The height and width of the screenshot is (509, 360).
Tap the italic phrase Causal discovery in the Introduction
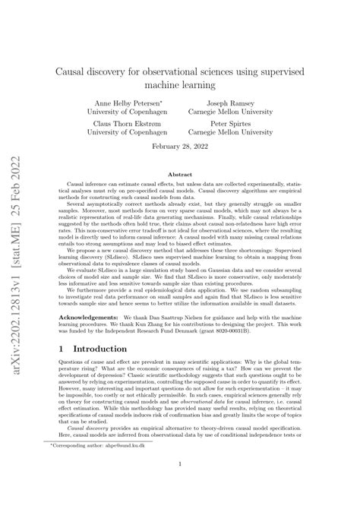pos(90,440)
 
